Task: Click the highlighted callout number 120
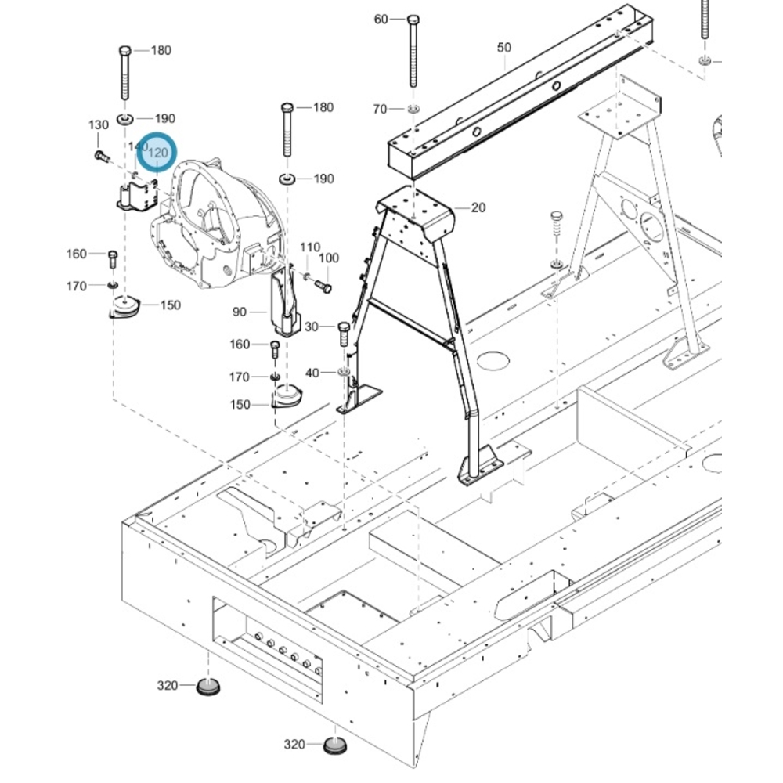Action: [x=159, y=153]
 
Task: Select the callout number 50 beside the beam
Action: [x=503, y=48]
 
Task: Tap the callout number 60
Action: [x=381, y=19]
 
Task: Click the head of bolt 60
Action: [x=413, y=19]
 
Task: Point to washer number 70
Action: [x=414, y=109]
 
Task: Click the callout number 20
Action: [x=478, y=207]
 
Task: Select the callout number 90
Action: [x=240, y=312]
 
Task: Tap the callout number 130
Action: [x=99, y=125]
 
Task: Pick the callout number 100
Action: [x=329, y=258]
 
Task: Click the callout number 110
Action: [x=311, y=247]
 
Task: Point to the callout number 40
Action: [x=312, y=373]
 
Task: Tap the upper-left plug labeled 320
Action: [x=207, y=687]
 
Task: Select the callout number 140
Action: [x=137, y=146]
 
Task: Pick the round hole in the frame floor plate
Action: [x=493, y=360]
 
